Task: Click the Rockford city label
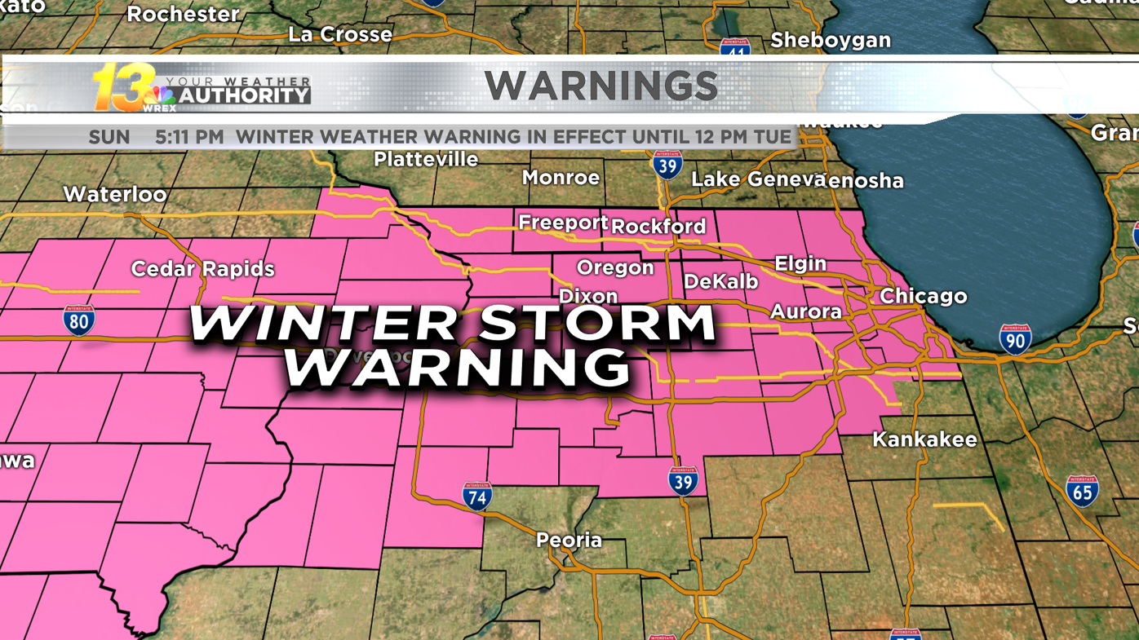point(658,226)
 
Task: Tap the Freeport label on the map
point(563,222)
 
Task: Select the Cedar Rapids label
point(202,268)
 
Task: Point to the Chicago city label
point(923,295)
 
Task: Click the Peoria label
point(569,540)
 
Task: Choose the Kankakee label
point(924,439)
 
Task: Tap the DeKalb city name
point(720,281)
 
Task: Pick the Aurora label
point(805,311)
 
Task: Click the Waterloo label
point(115,194)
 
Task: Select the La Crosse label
point(340,34)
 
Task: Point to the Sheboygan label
point(831,40)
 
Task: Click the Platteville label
point(426,159)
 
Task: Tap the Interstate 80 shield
point(79,320)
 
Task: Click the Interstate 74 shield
point(477,496)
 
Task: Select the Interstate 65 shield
point(1082,491)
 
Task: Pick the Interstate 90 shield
point(1015,338)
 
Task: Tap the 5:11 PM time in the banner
point(189,137)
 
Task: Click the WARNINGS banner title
point(601,86)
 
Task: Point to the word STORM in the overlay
point(596,322)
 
